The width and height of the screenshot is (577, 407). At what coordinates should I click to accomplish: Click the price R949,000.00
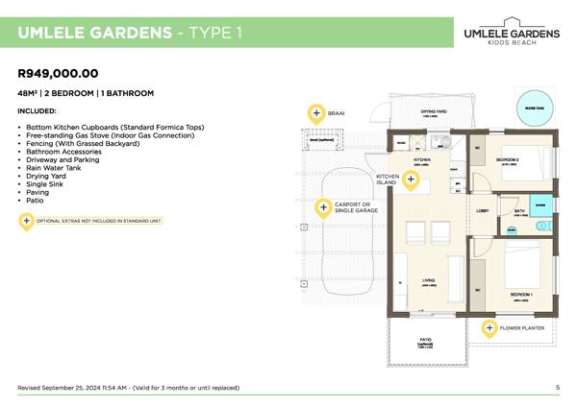tap(59, 73)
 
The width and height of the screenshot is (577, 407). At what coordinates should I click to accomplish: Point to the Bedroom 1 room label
tap(521, 292)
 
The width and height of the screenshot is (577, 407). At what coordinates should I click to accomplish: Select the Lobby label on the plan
tap(483, 209)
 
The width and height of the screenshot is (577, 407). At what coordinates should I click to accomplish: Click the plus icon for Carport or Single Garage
tap(322, 207)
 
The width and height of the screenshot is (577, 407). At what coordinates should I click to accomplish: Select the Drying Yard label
tap(433, 111)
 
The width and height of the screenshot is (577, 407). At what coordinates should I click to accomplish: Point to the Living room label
tap(428, 280)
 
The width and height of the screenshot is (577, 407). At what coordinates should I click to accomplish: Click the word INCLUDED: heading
tap(38, 111)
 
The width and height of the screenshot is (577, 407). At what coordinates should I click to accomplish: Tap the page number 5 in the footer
tap(558, 388)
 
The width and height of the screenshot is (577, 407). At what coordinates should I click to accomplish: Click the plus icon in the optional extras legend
tap(26, 220)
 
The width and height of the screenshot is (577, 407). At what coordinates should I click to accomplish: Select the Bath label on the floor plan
tap(519, 210)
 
